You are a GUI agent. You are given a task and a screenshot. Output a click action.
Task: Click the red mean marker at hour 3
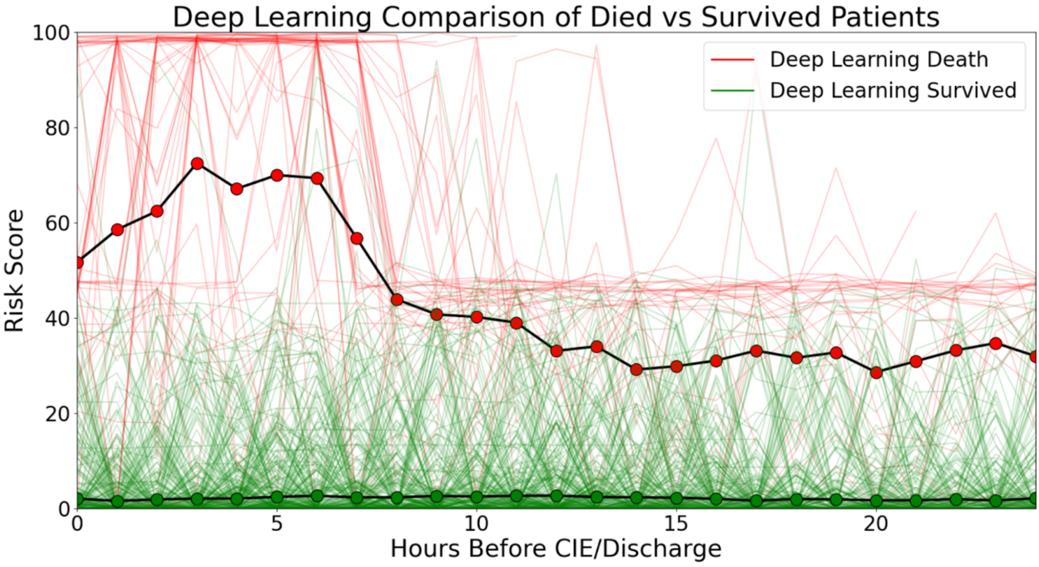197,164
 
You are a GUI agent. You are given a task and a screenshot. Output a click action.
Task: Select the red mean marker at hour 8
397,300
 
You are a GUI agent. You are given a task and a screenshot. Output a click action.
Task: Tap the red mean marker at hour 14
636,370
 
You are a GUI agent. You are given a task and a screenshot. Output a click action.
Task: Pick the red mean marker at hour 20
876,373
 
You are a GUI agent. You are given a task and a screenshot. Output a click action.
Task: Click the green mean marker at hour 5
277,497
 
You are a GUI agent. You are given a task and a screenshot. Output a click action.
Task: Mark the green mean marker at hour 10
477,497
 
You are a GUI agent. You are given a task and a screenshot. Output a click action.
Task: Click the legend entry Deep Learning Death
879,59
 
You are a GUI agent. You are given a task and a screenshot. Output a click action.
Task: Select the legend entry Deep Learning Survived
893,91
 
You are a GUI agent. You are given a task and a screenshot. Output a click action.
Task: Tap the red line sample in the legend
732,60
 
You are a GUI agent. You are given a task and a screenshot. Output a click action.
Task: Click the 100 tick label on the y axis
51,33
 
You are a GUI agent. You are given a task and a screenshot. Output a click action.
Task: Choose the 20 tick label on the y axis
57,414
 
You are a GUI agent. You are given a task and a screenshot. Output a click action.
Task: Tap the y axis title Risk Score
15,270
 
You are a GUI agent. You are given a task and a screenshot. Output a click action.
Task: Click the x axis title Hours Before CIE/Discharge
556,549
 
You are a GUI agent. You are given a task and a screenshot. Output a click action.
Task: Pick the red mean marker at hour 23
996,344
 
